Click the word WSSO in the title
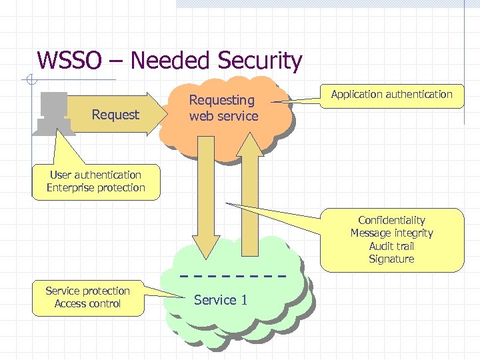pos(70,61)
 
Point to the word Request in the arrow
pos(115,115)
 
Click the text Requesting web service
pos(223,108)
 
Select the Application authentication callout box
pos(391,95)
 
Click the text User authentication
pos(95,175)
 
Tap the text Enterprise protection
pos(95,187)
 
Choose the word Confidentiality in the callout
pos(391,220)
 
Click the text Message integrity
pos(391,233)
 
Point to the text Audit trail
pos(391,246)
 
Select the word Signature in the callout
pos(391,259)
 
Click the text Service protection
pos(87,291)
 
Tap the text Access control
pos(87,304)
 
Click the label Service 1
pos(221,300)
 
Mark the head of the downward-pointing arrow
pos(206,243)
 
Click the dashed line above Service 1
pos(233,275)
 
